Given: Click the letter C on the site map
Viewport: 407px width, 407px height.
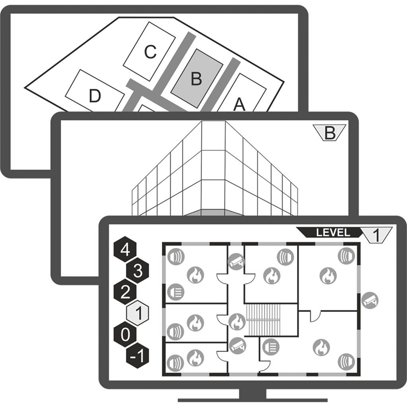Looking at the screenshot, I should pos(149,52).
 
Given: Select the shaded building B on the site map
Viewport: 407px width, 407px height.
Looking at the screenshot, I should pos(196,79).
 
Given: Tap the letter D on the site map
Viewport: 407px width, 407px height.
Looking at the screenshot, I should pos(94,96).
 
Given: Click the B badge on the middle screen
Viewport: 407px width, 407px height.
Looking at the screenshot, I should pos(329,133).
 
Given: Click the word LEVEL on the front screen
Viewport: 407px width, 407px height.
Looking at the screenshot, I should pos(333,233).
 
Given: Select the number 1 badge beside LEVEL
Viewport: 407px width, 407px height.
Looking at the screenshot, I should pos(377,234).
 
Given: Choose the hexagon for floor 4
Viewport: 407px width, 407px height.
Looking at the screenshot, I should pos(125,250).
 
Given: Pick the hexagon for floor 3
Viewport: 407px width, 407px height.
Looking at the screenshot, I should pos(137,271).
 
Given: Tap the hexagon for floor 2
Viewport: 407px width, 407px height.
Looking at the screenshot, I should pos(125,293).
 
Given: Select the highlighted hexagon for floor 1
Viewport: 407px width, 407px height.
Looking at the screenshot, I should pos(138,314).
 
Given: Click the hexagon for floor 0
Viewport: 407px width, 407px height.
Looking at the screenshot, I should pos(125,335).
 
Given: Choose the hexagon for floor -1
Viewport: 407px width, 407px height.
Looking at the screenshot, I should pos(138,356).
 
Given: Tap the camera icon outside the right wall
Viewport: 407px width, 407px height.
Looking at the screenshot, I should pos(370,300).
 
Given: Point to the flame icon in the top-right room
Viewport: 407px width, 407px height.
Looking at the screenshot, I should pos(328,275).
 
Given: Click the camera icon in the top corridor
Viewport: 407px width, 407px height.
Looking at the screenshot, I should pos(236,261).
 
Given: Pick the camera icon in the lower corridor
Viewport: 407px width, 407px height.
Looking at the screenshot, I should pos(238,345).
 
